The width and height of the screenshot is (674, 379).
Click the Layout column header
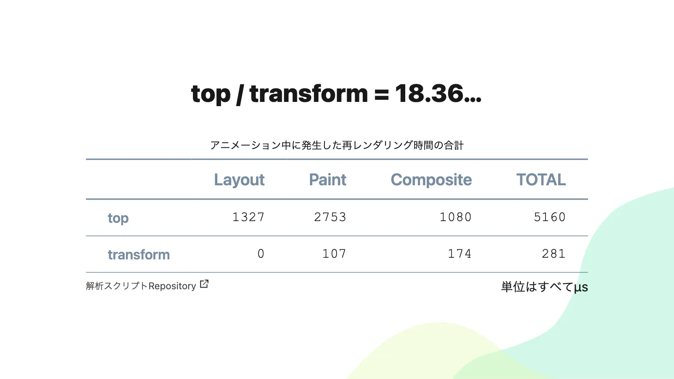[x=239, y=180]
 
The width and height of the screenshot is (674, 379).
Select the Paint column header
[x=328, y=179]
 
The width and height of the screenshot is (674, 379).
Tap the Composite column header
[x=431, y=180]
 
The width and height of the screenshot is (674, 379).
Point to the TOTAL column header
[x=541, y=179]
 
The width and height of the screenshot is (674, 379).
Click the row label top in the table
[x=118, y=218]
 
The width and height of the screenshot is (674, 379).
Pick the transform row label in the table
[x=139, y=254]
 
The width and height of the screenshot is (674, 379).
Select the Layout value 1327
[x=249, y=217]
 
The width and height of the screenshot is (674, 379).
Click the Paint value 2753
[x=330, y=217]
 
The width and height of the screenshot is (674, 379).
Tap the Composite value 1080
[x=455, y=217]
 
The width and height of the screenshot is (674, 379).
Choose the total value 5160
[x=550, y=217]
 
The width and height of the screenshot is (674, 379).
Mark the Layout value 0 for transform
[x=261, y=254]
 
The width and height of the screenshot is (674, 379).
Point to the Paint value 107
[x=334, y=254]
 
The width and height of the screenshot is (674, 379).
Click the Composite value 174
[x=460, y=254]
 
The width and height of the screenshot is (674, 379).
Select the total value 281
[x=554, y=254]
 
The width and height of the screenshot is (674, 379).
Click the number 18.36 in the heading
[x=429, y=93]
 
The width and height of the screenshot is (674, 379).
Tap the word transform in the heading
[x=309, y=93]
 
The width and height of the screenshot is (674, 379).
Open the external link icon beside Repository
[x=204, y=284]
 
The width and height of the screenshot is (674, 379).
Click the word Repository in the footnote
[x=172, y=286]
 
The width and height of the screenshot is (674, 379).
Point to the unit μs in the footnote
[x=581, y=287]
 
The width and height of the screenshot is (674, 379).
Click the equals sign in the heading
[x=382, y=94]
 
